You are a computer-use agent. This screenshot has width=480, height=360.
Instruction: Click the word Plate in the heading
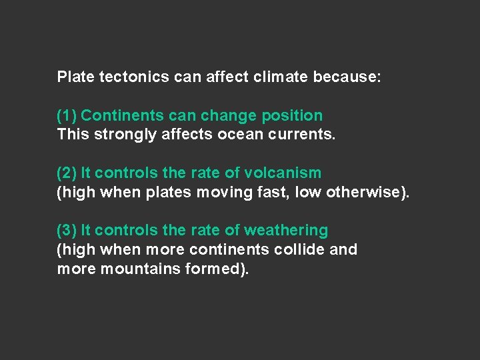tap(75, 77)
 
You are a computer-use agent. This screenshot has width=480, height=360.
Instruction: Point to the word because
tap(347, 77)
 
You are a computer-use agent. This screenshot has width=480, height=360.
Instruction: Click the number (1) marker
tap(67, 116)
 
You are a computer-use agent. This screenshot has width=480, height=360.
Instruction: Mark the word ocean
tap(237, 135)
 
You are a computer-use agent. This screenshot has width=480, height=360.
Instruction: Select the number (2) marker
tap(67, 173)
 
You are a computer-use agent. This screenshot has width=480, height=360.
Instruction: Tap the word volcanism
tap(283, 173)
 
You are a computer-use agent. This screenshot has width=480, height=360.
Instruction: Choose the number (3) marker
tap(67, 231)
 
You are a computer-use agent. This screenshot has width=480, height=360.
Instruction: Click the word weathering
tap(286, 231)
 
